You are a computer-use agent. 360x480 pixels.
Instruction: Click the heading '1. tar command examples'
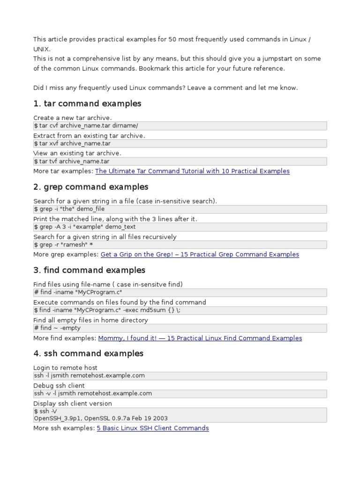pyautogui.click(x=87, y=104)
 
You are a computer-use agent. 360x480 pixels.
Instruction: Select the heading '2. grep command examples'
pyautogui.click(x=91, y=187)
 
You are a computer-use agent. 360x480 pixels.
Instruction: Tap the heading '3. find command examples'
pyautogui.click(x=89, y=270)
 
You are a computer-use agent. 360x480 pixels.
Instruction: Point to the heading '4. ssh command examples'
pyautogui.click(x=88, y=354)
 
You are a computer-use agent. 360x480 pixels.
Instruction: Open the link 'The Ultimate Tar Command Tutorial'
pyautogui.click(x=192, y=171)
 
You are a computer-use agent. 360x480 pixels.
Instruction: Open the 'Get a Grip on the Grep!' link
pyautogui.click(x=200, y=255)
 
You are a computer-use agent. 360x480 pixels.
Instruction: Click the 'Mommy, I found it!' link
pyautogui.click(x=200, y=338)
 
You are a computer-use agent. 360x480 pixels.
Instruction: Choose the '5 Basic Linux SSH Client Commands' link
pyautogui.click(x=153, y=428)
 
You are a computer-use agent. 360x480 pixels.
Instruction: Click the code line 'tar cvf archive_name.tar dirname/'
pyautogui.click(x=86, y=126)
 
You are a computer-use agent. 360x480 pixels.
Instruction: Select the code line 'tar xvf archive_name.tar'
pyautogui.click(x=72, y=143)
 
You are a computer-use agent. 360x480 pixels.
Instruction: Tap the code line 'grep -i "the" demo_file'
pyautogui.click(x=69, y=209)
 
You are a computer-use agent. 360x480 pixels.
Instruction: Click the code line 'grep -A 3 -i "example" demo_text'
pyautogui.click(x=84, y=227)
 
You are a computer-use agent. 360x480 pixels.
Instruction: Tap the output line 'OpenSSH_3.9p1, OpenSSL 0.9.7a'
pyautogui.click(x=100, y=418)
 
